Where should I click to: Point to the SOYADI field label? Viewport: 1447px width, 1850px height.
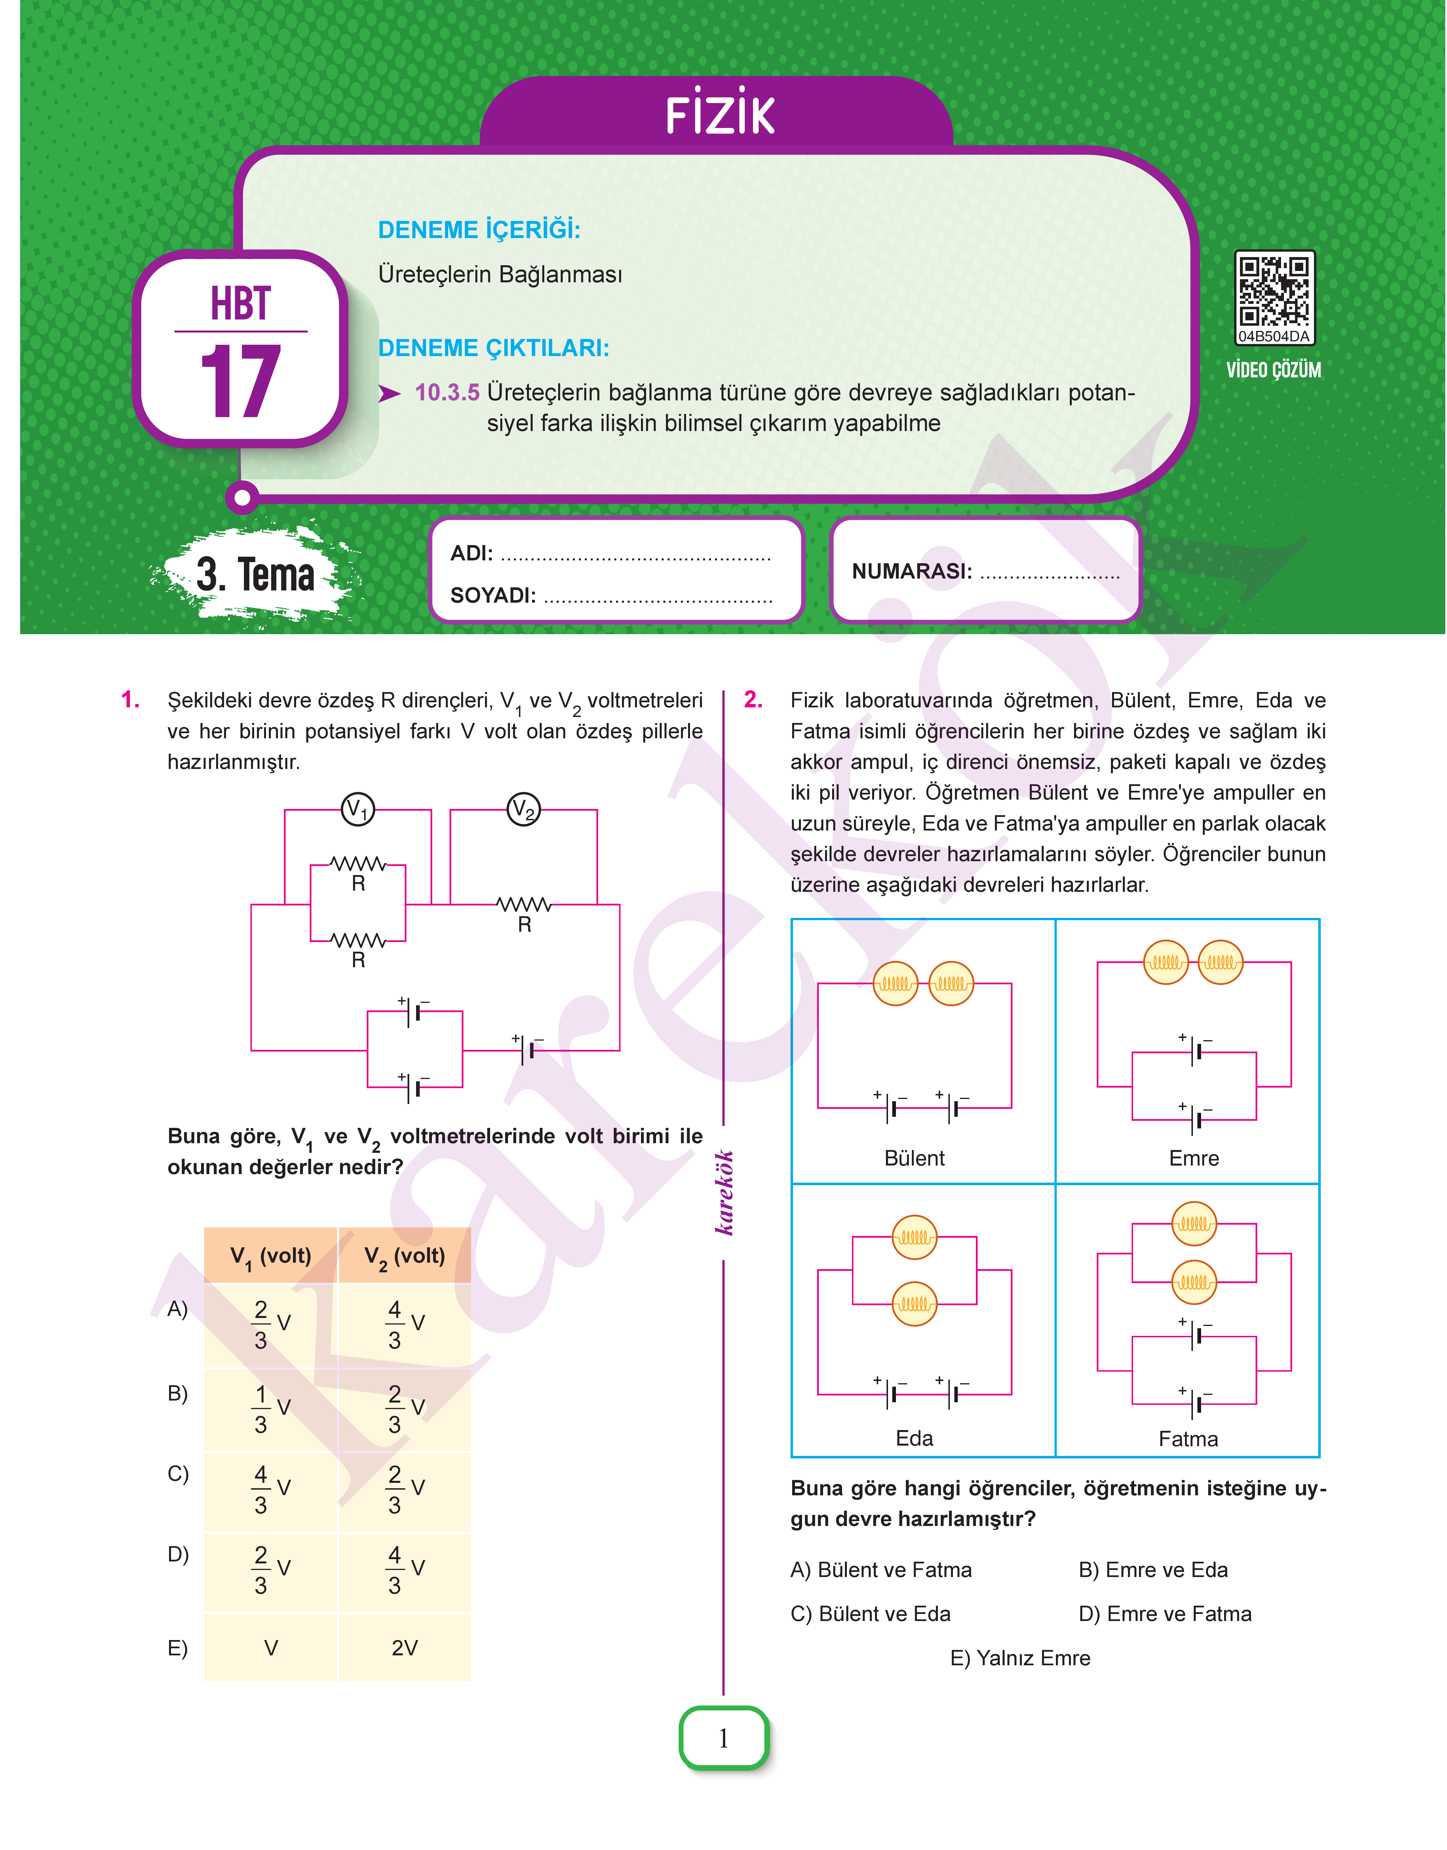pos(493,596)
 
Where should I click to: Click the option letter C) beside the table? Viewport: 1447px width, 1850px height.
pos(178,1474)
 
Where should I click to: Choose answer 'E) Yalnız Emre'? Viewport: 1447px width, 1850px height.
pos(1020,1658)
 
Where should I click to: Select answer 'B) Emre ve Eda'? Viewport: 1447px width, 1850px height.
pos(1153,1569)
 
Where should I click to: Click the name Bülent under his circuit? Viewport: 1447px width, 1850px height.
pos(914,1159)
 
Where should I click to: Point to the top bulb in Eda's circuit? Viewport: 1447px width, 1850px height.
pos(914,1237)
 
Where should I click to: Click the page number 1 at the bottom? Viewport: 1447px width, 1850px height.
pos(723,1738)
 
